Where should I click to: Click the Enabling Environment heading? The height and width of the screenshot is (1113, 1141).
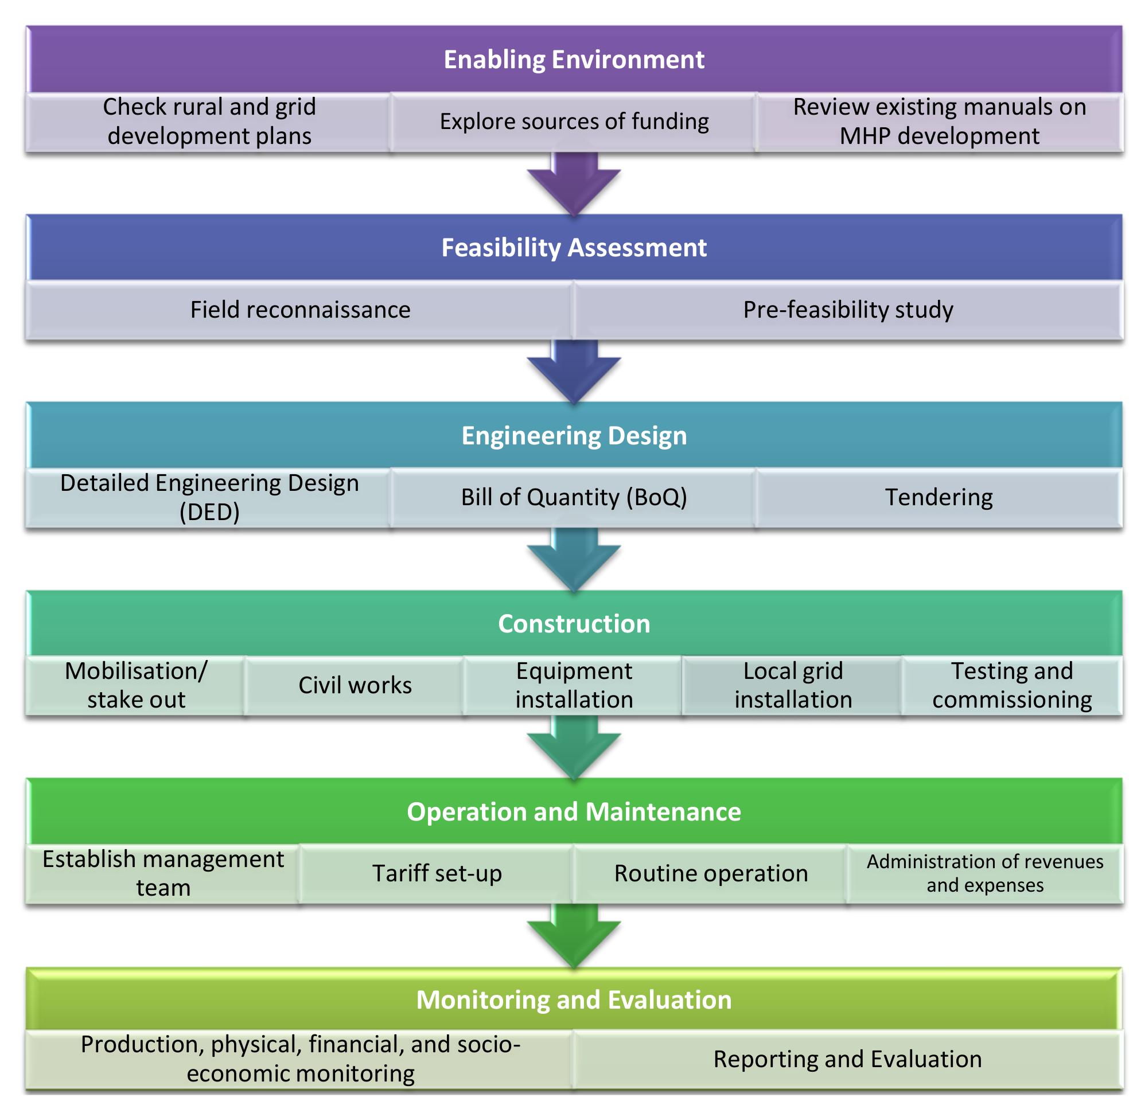point(573,60)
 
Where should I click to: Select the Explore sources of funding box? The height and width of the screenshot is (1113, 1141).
point(573,122)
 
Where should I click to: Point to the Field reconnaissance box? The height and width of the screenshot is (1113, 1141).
point(299,310)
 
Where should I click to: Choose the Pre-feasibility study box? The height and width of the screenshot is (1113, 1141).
point(847,310)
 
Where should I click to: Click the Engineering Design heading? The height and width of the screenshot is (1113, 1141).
point(573,435)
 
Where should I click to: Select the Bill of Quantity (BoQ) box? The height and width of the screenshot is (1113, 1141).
point(573,498)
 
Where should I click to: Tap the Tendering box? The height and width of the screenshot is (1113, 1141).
point(938,498)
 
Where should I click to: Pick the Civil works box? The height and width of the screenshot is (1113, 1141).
point(355,685)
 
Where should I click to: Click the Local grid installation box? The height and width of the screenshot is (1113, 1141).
point(792,685)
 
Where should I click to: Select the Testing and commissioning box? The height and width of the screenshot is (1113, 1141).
point(1011,685)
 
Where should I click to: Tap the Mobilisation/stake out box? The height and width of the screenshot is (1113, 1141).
point(136,685)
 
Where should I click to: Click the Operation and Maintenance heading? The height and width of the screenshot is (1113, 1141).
point(573,812)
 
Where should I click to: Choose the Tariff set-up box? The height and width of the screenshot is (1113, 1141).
point(437,873)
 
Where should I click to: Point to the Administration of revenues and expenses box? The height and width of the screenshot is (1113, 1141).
point(984,873)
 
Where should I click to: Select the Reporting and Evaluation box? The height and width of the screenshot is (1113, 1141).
point(847,1059)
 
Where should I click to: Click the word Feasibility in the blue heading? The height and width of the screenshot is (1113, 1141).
point(501,248)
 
